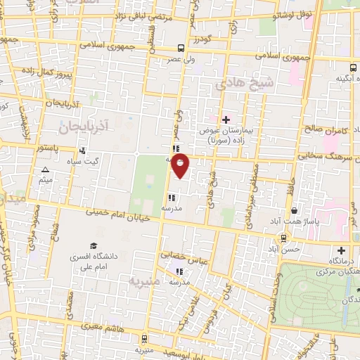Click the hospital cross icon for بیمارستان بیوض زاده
tap(226, 120)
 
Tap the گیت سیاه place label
tap(101, 161)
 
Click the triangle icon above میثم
tap(46, 170)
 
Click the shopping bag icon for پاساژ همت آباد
tap(293, 210)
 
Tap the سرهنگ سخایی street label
tap(326, 157)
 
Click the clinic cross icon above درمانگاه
tap(342, 250)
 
